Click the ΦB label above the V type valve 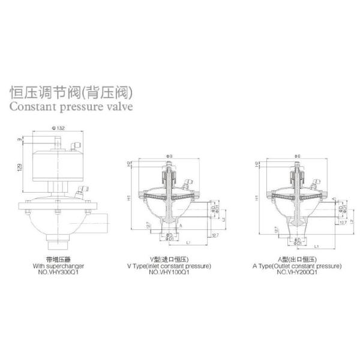(170, 156)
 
